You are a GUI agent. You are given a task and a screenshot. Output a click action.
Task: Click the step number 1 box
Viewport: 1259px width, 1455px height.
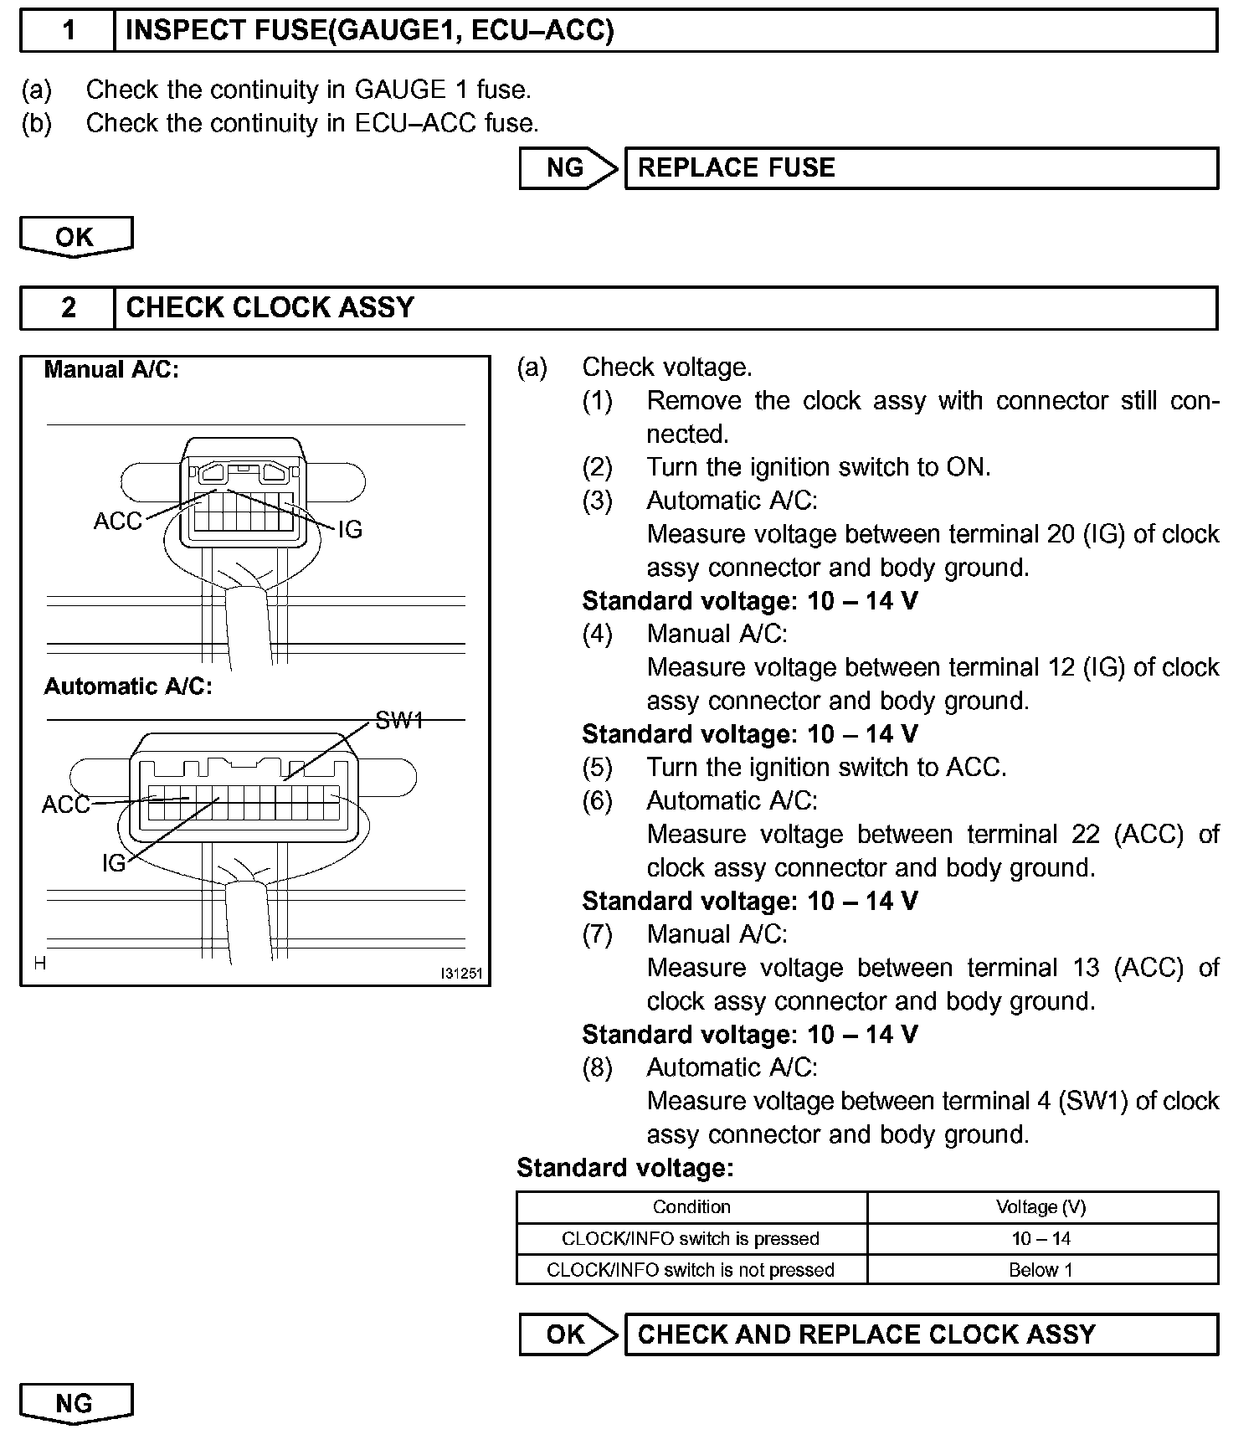[68, 31]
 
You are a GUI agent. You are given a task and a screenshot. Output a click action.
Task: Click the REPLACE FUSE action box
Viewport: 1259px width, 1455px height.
[921, 168]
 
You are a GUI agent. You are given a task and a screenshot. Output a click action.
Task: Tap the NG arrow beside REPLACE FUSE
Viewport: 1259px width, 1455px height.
[567, 168]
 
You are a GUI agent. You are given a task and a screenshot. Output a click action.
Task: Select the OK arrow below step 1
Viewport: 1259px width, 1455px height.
[75, 237]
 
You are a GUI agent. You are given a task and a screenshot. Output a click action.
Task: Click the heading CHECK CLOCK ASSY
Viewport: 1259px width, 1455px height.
[270, 308]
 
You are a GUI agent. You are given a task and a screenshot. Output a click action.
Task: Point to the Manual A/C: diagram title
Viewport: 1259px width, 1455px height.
[111, 369]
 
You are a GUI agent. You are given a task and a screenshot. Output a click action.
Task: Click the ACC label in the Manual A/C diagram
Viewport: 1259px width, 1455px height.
[117, 521]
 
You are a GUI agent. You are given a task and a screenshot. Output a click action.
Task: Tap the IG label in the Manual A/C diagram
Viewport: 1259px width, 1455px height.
[350, 529]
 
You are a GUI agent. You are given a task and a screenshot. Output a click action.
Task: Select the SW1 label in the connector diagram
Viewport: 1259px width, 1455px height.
[399, 720]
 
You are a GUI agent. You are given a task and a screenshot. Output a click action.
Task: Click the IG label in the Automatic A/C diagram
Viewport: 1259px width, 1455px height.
[114, 863]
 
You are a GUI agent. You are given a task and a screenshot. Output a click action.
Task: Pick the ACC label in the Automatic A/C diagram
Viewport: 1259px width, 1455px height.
[65, 805]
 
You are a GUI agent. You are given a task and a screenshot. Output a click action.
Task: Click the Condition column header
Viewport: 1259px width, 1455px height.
[691, 1207]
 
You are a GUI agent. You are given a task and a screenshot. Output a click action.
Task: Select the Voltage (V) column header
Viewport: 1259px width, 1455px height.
[1041, 1207]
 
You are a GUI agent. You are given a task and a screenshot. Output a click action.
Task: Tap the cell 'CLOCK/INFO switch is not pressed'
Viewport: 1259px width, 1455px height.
[691, 1270]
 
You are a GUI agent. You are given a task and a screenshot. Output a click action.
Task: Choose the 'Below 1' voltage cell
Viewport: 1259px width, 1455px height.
[1041, 1270]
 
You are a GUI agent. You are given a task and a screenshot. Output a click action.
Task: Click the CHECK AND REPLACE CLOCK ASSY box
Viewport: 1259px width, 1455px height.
[921, 1334]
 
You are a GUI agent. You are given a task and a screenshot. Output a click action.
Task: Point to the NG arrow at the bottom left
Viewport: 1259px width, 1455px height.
[75, 1404]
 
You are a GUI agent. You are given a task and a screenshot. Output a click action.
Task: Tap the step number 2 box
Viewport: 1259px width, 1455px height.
[68, 308]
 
